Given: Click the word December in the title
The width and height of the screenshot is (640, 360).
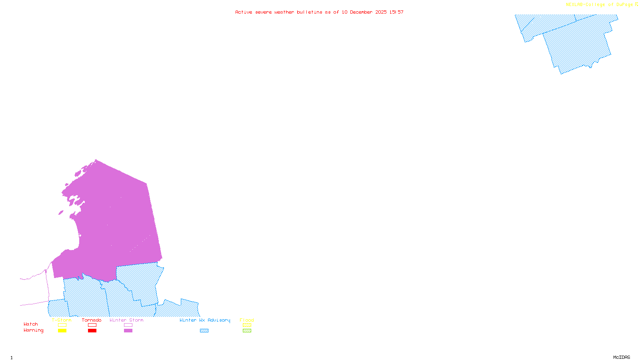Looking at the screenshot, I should pos(361,12).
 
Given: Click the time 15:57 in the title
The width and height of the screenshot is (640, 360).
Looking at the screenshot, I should pos(396,12).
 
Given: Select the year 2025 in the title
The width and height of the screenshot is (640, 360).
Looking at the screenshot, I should pos(381,12).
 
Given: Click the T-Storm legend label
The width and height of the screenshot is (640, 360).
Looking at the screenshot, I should pos(62,320).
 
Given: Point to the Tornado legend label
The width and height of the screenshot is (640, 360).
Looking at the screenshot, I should pos(92,320).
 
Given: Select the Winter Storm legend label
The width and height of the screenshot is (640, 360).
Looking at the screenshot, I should pos(126,320).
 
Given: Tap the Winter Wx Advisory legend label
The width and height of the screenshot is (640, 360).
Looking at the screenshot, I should pos(205,320).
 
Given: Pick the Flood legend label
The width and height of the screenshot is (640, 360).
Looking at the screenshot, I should pos(247,320).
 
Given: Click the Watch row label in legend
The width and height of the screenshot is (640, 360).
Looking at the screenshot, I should pos(31,324).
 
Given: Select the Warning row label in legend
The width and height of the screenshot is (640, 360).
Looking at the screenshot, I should pos(34,330).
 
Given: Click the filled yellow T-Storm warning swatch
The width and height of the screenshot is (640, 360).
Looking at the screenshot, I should pos(62,331).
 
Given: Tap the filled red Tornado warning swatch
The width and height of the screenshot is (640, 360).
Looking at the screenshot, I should pos(92,331).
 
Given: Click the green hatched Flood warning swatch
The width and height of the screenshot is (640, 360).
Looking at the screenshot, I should pos(247,331).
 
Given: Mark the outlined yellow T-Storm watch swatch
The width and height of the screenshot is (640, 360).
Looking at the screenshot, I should pos(62,325).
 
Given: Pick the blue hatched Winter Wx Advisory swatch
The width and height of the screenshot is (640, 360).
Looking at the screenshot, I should pos(204,331).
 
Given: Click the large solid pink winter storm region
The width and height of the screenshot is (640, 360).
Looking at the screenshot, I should pos(116,224).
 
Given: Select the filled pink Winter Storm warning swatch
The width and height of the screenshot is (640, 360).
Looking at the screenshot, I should pos(128,331).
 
